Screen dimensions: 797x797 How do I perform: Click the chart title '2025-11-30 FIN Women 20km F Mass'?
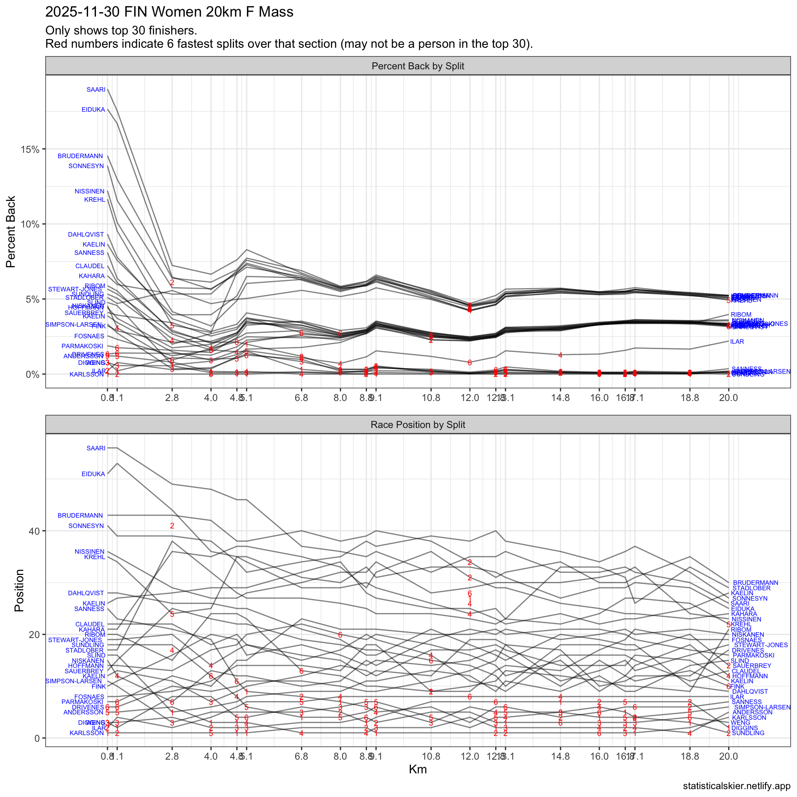169,12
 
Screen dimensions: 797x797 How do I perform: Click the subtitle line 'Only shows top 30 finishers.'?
121,30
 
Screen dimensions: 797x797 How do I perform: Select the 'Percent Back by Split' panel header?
418,66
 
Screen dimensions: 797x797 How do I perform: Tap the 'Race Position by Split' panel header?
418,425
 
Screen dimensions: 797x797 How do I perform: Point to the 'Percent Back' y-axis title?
11,232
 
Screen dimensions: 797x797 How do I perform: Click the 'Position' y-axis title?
19,590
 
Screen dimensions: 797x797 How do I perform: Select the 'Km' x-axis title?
418,769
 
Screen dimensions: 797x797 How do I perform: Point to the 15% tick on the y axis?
30,149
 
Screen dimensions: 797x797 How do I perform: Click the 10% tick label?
30,225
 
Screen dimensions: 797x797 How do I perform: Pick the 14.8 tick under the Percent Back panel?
560,398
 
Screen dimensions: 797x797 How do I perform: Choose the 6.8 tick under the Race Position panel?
301,756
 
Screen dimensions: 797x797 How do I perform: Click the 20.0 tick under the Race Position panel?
729,756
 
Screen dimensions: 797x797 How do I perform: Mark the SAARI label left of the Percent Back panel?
96,90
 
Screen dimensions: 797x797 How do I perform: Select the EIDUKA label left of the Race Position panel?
93,474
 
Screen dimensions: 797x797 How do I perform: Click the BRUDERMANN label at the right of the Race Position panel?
755,583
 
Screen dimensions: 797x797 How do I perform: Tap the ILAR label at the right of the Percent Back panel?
737,342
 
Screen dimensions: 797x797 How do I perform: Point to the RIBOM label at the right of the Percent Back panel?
741,315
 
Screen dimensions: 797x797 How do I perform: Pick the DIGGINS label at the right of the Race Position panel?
744,728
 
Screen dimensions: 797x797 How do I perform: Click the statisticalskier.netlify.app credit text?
736,786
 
